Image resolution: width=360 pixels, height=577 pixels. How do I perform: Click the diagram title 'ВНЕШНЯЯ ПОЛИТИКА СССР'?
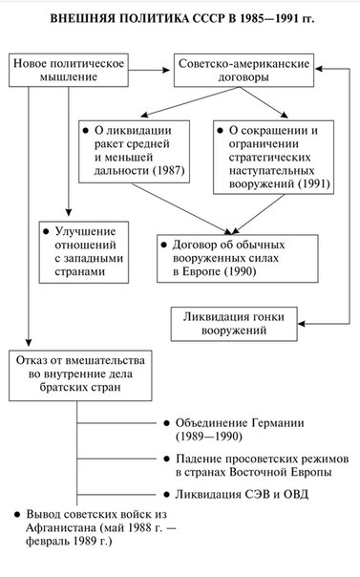(138, 19)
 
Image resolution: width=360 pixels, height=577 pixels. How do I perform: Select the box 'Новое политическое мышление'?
(69, 71)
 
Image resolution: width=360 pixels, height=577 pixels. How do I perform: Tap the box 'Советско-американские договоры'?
(244, 71)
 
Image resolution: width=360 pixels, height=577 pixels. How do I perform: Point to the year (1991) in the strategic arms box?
(313, 184)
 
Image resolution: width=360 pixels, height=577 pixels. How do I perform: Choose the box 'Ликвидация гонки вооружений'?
(234, 324)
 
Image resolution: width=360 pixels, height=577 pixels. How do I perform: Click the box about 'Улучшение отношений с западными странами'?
(84, 252)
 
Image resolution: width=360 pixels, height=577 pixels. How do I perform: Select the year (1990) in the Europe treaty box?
(240, 272)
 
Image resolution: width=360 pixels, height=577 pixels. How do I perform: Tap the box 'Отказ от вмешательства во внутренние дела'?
(80, 375)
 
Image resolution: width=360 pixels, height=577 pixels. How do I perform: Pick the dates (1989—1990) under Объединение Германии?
(209, 437)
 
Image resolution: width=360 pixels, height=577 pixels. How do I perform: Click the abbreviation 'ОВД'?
(296, 494)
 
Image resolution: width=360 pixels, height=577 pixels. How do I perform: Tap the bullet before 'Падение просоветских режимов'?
(167, 459)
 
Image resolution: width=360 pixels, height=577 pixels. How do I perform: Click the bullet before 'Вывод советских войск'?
(17, 515)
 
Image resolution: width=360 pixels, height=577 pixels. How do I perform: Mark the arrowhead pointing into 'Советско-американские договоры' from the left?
(166, 70)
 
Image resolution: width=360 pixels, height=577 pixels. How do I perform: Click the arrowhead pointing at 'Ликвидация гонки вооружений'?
(302, 324)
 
